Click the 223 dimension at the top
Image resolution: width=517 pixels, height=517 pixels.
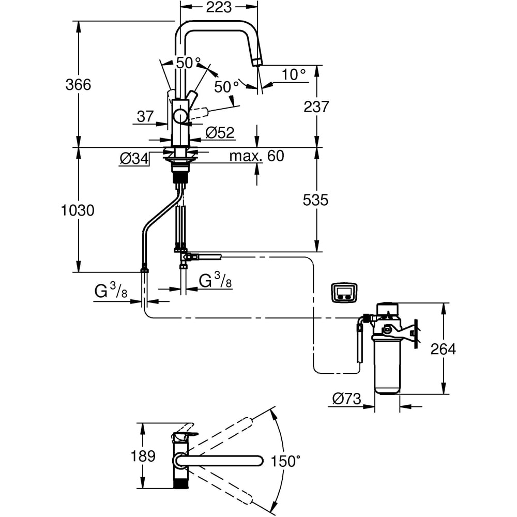(x=219, y=7)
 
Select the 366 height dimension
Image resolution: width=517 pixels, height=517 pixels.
(x=78, y=84)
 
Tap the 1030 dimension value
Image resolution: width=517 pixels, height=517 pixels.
(x=78, y=210)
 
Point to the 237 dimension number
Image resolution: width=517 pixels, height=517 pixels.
(x=316, y=107)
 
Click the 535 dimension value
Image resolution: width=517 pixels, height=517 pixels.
(x=315, y=200)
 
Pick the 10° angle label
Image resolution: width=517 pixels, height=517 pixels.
(x=294, y=74)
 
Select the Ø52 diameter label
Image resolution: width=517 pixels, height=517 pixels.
(x=220, y=132)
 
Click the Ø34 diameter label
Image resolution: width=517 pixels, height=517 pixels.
(x=134, y=159)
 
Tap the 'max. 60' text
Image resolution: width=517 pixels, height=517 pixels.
(x=256, y=156)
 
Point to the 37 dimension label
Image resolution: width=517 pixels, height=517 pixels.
(x=145, y=116)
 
